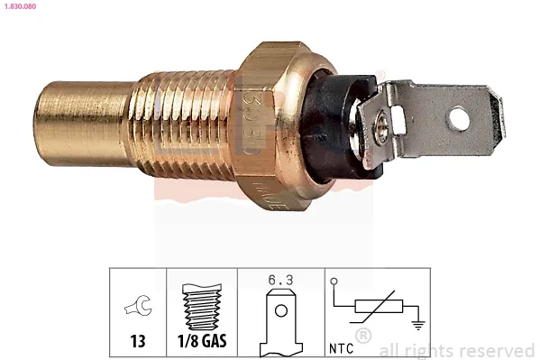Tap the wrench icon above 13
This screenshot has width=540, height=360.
(x=138, y=309)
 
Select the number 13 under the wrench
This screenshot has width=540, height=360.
(x=138, y=343)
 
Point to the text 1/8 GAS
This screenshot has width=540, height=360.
(x=201, y=343)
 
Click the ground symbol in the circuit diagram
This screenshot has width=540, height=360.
(x=416, y=326)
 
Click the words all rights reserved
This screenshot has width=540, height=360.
(x=456, y=350)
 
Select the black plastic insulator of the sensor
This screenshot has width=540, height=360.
(x=334, y=122)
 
